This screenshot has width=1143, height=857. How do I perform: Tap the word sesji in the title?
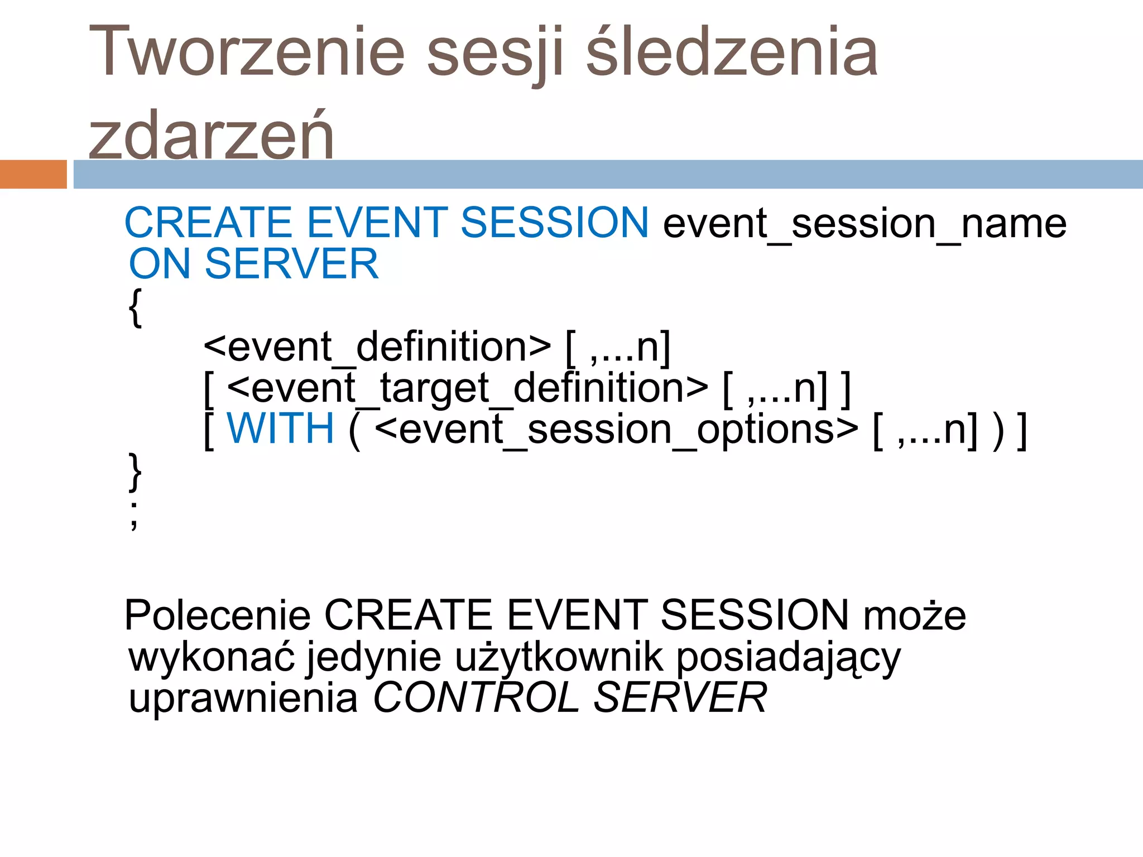pos(494,54)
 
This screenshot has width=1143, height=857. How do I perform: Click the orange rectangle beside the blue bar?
pos(33,174)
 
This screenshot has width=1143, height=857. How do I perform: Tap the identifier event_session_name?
pos(865,224)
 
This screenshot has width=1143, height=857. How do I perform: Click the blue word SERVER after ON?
pos(292,264)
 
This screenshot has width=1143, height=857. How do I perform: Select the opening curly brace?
pos(135,307)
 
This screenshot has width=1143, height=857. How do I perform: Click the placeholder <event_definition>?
pos(377,347)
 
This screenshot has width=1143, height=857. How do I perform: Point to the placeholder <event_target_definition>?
pos(468,388)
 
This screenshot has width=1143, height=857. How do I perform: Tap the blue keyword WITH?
pos(280,428)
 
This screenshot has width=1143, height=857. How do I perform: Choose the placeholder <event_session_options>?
pos(617,430)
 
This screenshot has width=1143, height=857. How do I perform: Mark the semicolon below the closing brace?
pos(134,516)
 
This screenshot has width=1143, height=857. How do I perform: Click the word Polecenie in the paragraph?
pos(217,615)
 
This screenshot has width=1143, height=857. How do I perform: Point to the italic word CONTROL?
pos(476,698)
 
